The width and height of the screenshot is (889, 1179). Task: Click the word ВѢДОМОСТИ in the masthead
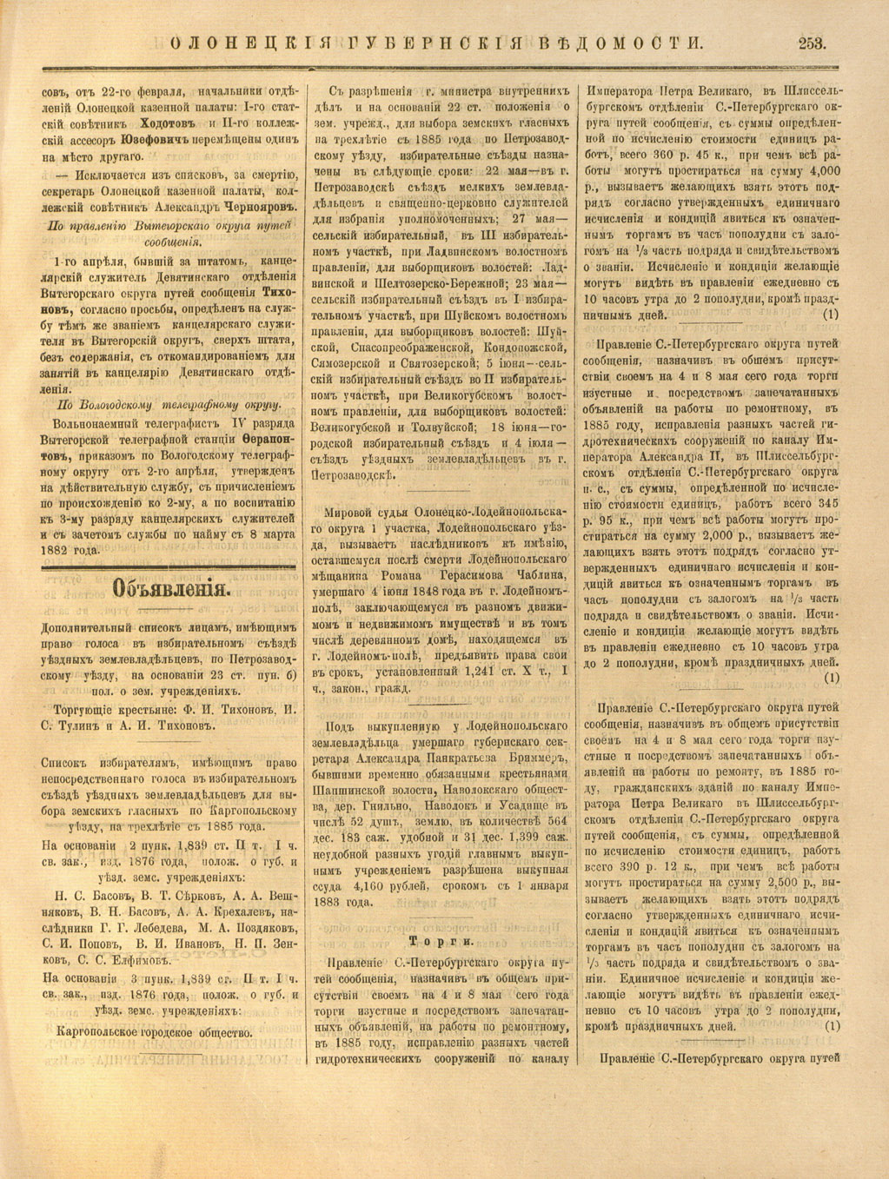[x=629, y=43]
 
